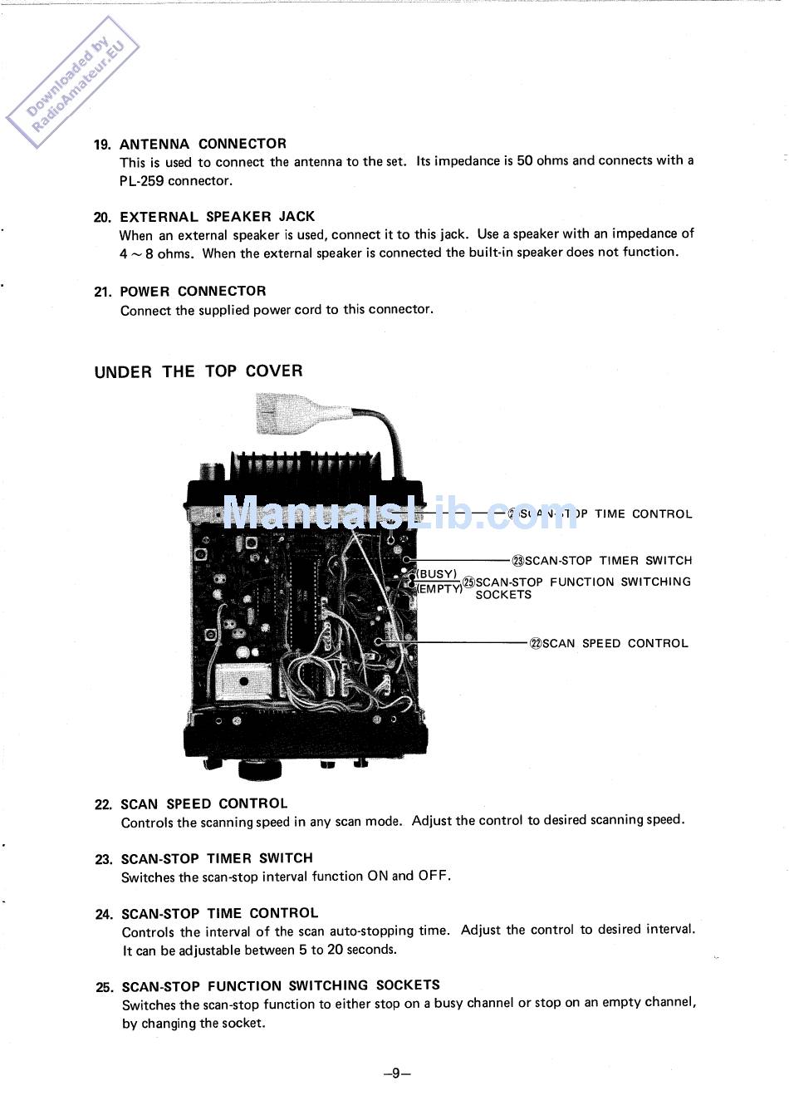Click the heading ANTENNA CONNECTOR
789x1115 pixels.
click(203, 144)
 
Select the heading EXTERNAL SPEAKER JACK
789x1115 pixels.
click(217, 217)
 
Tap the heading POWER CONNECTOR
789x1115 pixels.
click(193, 292)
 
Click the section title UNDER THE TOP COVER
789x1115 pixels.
click(198, 371)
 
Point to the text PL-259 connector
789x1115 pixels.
click(176, 181)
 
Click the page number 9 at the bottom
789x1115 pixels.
click(397, 1073)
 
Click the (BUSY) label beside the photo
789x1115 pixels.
click(437, 574)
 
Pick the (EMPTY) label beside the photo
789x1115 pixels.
click(439, 589)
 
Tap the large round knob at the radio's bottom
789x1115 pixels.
click(260, 769)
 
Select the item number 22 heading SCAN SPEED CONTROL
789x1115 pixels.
click(203, 804)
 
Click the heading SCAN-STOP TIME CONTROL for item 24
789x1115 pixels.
click(219, 913)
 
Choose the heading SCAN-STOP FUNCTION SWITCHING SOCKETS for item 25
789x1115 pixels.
click(281, 986)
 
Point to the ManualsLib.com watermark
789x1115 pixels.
click(399, 513)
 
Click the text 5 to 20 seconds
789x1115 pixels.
click(348, 950)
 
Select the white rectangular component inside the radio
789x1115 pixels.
click(243, 681)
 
